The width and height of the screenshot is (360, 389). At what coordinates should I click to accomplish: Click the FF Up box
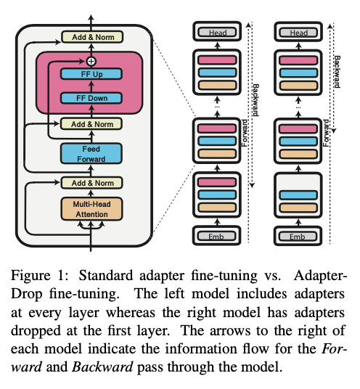pos(91,74)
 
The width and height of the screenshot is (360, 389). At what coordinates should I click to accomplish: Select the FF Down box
pos(91,98)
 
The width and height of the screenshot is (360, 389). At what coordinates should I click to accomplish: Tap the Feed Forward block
pos(91,154)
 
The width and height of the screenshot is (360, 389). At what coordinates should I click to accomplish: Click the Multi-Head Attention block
pos(91,209)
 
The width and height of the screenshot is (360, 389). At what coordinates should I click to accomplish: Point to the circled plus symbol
pos(91,61)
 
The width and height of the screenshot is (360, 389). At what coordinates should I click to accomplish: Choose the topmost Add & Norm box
pos(92,37)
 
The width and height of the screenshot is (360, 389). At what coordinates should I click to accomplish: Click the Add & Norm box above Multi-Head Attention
pos(91,183)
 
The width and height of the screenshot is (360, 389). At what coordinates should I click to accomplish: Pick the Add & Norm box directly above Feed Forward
pos(91,124)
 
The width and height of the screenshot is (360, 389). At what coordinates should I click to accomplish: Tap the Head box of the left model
pos(217,32)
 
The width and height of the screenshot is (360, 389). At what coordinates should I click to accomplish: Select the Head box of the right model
pos(298,33)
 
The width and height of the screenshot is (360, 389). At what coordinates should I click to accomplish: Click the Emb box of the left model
pos(216,236)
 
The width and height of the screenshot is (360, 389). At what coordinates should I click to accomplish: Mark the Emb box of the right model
pos(298,237)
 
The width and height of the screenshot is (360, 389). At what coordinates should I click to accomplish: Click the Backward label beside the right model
pos(337,72)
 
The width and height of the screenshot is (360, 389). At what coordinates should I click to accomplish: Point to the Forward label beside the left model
pos(245,133)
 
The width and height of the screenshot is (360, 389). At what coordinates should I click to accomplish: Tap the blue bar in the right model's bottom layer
pos(298,195)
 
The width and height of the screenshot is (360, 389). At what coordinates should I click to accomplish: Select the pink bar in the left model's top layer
pos(217,60)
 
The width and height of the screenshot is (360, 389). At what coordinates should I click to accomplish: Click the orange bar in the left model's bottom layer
pos(217,208)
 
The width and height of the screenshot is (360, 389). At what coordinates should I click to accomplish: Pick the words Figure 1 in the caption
pos(39,276)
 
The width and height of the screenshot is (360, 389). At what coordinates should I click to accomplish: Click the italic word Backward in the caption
pos(102,367)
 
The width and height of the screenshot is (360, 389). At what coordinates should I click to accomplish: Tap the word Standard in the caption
pos(106,275)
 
